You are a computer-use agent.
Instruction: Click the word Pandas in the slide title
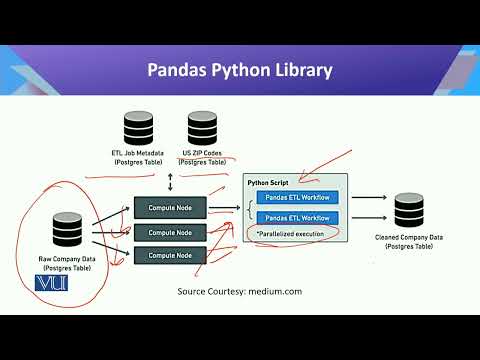(179, 71)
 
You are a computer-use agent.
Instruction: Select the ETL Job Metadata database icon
(139, 129)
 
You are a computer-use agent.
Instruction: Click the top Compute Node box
(171, 209)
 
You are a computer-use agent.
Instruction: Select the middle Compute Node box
(171, 233)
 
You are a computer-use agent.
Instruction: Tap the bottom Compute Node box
(171, 256)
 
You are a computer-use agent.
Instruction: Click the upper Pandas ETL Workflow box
(297, 200)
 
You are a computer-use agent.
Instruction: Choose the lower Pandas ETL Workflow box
(297, 218)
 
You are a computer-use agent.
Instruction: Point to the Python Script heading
(269, 184)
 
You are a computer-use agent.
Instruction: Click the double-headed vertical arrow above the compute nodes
(171, 185)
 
